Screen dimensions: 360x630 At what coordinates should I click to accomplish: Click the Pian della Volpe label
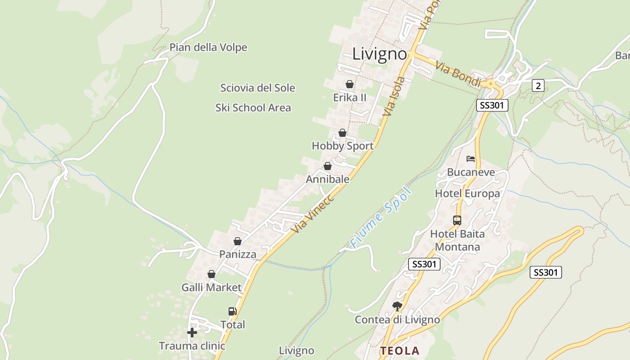point(208,47)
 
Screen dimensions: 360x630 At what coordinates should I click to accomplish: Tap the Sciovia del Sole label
point(257,88)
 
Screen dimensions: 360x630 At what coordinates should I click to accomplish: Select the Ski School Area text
point(253,108)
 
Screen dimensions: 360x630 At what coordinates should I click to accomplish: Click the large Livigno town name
point(379,54)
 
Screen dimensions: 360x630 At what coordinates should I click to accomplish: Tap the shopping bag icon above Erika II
point(350,84)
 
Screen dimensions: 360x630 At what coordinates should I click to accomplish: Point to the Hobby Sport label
point(342,146)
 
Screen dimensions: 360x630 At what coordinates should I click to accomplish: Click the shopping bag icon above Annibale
point(328,166)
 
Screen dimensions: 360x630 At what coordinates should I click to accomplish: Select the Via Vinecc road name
point(312,214)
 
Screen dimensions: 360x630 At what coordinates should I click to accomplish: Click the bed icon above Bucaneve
point(471,159)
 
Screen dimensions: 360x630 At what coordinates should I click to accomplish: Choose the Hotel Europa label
point(467,193)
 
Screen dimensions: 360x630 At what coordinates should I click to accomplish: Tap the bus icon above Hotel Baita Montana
point(457,220)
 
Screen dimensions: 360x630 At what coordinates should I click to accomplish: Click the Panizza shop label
point(238,254)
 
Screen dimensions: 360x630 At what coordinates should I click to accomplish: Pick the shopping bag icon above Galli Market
point(211,274)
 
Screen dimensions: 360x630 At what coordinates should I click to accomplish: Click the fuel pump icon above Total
point(233,311)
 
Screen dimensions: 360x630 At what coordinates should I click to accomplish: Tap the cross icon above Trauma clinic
point(192,333)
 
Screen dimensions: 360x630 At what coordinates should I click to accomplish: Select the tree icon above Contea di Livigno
point(397,306)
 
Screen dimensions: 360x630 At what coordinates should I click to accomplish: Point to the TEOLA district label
point(399,351)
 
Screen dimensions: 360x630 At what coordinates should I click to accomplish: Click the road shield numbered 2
point(538,85)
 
